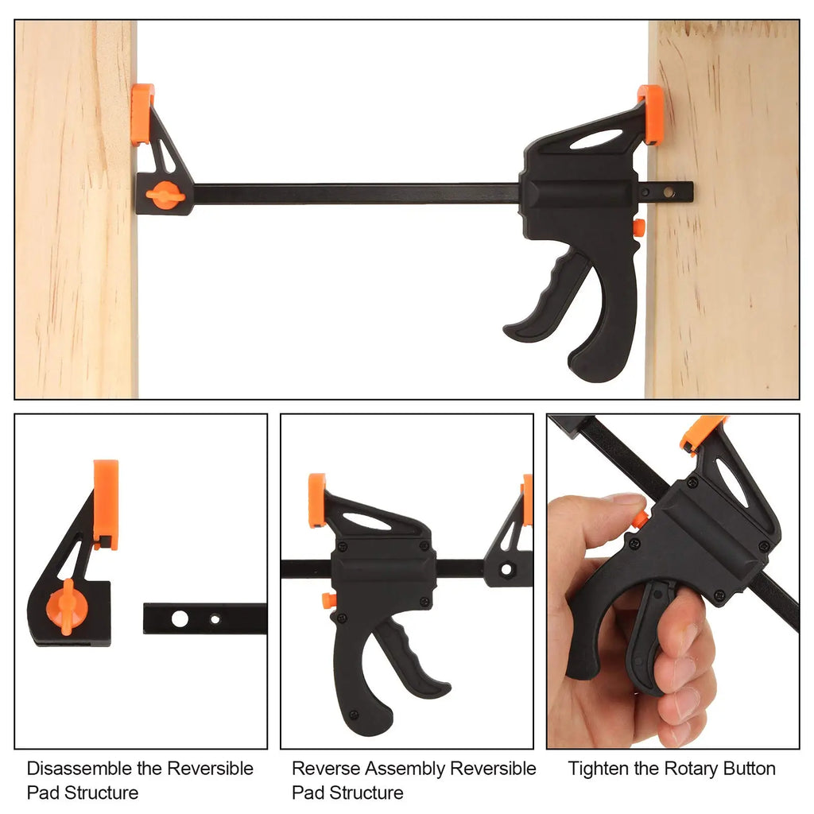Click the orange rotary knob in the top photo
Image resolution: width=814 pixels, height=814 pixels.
click(165, 195)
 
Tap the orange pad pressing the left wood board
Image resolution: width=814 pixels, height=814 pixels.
click(142, 114)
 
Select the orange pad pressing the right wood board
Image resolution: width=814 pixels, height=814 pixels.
click(651, 114)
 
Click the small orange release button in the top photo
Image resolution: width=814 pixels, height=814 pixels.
click(638, 227)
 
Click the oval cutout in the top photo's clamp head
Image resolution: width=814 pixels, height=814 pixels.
click(596, 139)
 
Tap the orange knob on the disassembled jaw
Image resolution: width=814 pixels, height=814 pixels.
click(66, 607)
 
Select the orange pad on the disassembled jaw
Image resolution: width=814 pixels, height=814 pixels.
click(106, 503)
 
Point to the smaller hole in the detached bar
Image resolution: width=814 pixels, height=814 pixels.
click(213, 618)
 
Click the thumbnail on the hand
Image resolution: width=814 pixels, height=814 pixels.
click(626, 500)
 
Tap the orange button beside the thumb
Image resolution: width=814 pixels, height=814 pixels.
click(639, 520)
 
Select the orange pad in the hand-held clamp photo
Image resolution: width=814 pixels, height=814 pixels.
click(700, 433)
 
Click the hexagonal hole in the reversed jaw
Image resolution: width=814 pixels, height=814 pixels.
click(505, 569)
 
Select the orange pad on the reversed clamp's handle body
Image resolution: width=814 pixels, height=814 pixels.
click(317, 500)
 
